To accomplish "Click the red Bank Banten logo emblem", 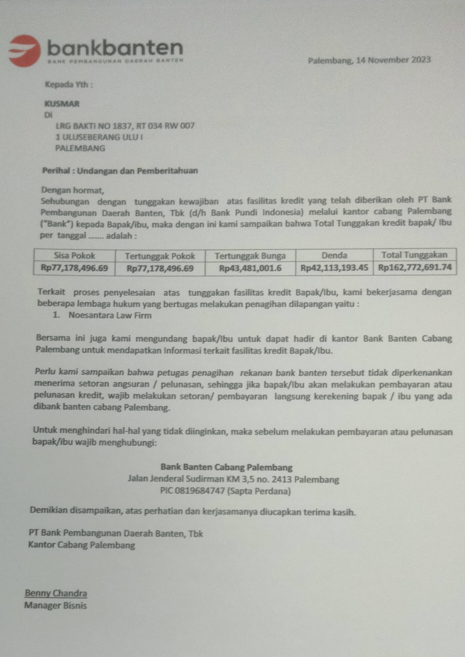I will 25,51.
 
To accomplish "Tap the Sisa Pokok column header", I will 75,255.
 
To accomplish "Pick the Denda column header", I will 334,255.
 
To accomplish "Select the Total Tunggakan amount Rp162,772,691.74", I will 415,268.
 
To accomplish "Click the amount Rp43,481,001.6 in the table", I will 250,268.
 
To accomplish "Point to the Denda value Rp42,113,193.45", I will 334,268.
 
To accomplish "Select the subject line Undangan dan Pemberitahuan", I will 137,171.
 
